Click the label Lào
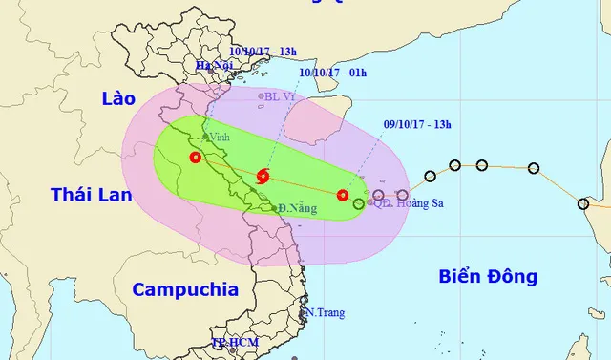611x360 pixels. pyautogui.click(x=121, y=98)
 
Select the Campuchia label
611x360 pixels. pyautogui.click(x=184, y=290)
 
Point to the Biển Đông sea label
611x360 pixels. pyautogui.click(x=488, y=277)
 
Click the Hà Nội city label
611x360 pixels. pyautogui.click(x=215, y=66)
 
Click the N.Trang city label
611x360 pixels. pyautogui.click(x=324, y=312)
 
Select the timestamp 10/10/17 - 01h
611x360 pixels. pyautogui.click(x=332, y=71)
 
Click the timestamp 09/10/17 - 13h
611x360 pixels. pyautogui.click(x=413, y=121)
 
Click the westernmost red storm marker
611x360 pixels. pyautogui.click(x=195, y=158)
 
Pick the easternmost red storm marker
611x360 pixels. pyautogui.click(x=343, y=195)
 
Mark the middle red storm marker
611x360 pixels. pyautogui.click(x=263, y=175)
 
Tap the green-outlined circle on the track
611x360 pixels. pyautogui.click(x=359, y=203)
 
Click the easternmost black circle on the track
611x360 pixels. pyautogui.click(x=583, y=203)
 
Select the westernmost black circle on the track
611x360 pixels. pyautogui.click(x=431, y=176)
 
